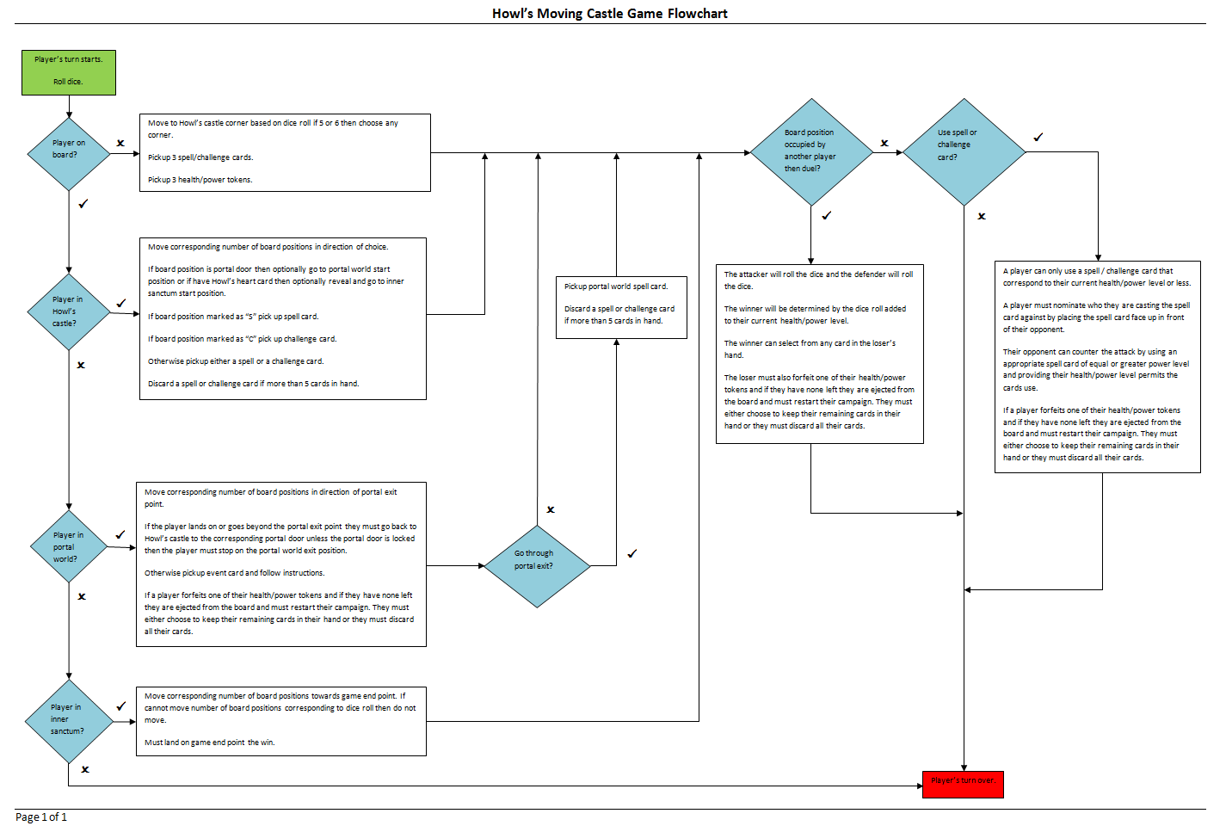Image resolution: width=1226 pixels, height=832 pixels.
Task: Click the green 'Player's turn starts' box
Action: pos(69,72)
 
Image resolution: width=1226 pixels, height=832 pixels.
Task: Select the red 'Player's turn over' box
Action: pos(963,784)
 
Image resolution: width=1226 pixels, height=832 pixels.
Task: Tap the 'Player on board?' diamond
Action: pos(69,153)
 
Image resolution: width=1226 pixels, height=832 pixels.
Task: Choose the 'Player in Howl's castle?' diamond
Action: pos(69,311)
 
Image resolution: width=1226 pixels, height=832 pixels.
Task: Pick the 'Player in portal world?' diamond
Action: pos(69,546)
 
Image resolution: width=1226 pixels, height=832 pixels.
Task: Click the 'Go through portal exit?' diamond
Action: pos(538,565)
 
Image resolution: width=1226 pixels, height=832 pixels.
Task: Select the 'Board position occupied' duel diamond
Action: pos(811,152)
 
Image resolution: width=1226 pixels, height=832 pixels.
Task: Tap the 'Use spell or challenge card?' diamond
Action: pos(964,152)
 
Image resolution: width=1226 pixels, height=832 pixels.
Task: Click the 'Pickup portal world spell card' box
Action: pos(621,307)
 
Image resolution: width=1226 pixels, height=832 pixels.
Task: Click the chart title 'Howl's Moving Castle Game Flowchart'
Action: pos(609,13)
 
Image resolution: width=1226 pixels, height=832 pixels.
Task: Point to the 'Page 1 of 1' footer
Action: pos(41,817)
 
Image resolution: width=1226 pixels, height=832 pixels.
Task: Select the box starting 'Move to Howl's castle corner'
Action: pos(285,152)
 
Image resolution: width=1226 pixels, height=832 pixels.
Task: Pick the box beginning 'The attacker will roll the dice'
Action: pos(819,354)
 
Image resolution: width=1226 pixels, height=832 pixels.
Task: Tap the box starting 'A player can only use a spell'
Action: pos(1097,367)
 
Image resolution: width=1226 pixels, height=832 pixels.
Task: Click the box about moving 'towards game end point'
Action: pos(281,721)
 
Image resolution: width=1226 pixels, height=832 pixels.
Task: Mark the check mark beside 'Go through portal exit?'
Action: pos(631,553)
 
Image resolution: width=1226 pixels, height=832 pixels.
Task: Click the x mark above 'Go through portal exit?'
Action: pos(551,509)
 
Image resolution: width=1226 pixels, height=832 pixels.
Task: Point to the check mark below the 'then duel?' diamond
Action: pos(826,215)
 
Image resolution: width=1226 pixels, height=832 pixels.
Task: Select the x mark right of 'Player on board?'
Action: pos(120,143)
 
